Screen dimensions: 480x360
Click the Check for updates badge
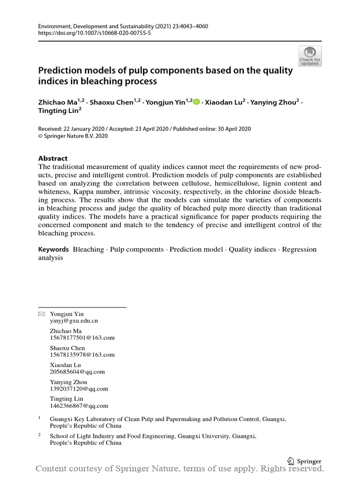click(x=310, y=56)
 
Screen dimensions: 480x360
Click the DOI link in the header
click(x=94, y=33)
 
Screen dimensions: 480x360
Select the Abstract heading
click(x=52, y=158)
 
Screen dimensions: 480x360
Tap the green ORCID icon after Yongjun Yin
click(x=196, y=102)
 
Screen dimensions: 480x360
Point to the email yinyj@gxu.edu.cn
click(x=74, y=321)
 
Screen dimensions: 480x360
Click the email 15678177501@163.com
click(x=82, y=337)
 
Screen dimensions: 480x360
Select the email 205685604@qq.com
click(x=77, y=372)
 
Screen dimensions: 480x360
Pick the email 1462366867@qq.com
click(x=79, y=406)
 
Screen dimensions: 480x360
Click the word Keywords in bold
click(x=53, y=249)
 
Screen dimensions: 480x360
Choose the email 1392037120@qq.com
click(x=79, y=389)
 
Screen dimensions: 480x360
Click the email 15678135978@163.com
click(x=82, y=355)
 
